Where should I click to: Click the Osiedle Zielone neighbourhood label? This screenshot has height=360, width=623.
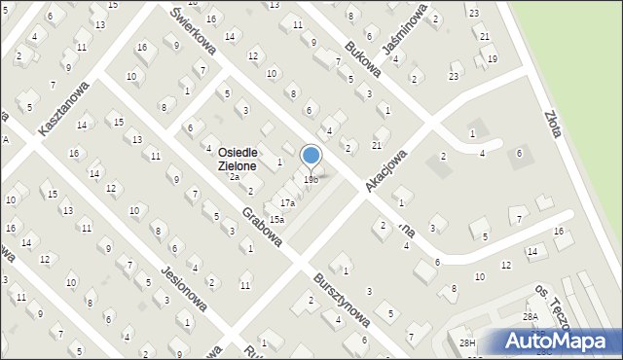pos(237,160)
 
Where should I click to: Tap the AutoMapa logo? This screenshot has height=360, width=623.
pos(561,341)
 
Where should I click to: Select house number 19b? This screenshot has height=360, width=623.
pos(311,180)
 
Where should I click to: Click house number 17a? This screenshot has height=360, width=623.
pos(287,202)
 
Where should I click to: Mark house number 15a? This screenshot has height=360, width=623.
pos(276,220)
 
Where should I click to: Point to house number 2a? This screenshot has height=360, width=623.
pos(234,177)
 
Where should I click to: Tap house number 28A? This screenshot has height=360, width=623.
pos(530,317)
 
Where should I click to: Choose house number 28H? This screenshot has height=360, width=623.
pos(468,342)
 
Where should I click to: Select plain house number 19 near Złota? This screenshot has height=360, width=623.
pos(493,59)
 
